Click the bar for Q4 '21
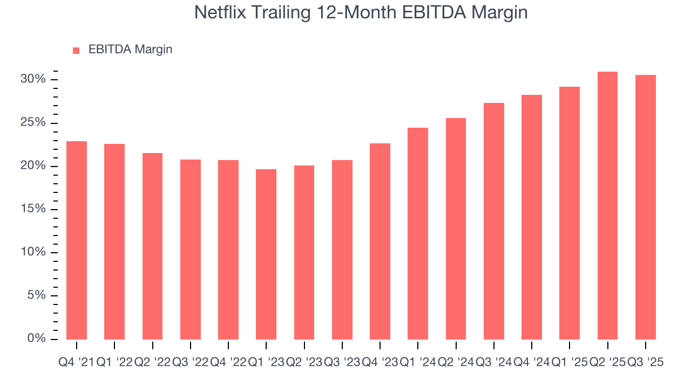[x=77, y=240]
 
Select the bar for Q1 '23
[x=266, y=254]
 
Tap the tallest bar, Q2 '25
[x=607, y=205]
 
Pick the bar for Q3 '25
[x=646, y=207]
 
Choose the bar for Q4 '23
[x=380, y=241]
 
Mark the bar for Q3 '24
[x=494, y=221]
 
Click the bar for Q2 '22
[x=153, y=246]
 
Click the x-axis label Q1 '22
[x=114, y=363]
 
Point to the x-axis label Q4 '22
[x=228, y=363]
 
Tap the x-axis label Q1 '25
[x=570, y=363]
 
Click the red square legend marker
[x=76, y=50]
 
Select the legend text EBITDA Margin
[x=130, y=50]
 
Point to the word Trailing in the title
[x=283, y=13]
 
